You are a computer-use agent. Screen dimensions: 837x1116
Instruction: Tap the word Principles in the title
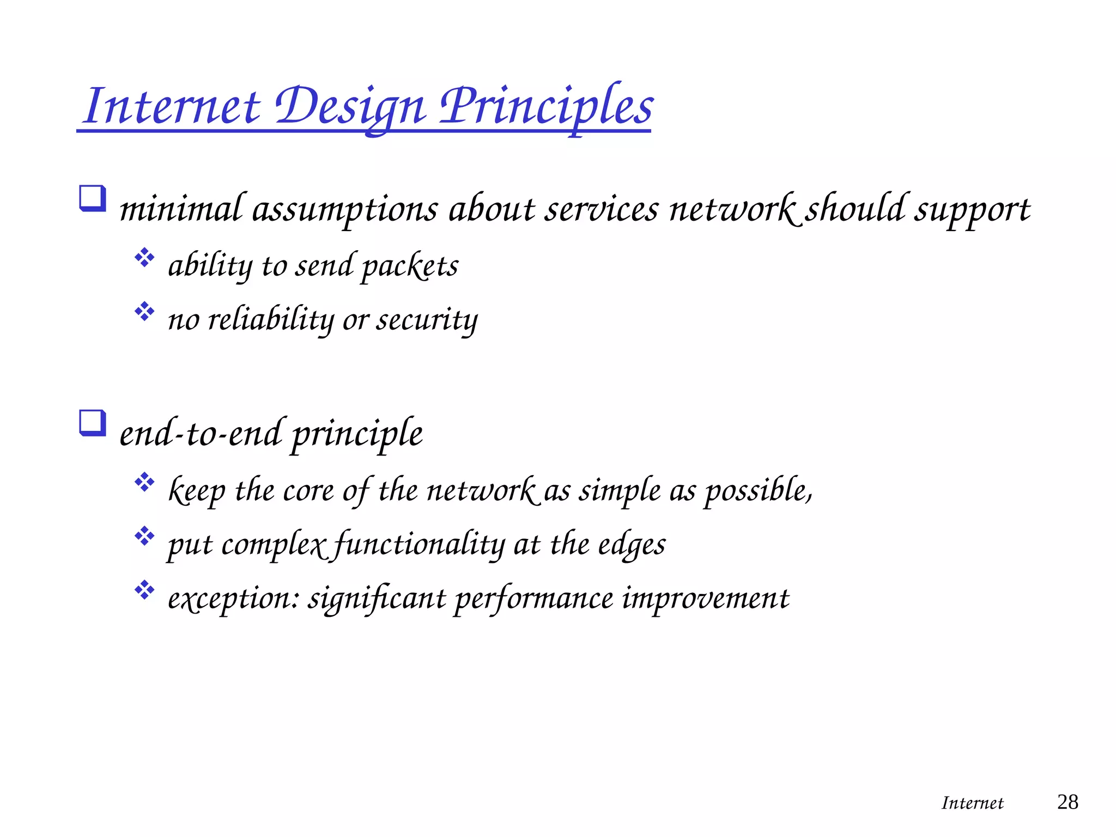[546, 106]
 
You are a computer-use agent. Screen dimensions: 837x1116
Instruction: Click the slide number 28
[1067, 802]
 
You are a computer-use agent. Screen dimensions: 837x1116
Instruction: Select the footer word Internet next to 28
[972, 803]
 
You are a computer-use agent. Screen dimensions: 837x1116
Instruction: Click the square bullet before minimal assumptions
[92, 198]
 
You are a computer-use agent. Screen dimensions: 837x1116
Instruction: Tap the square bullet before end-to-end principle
[92, 423]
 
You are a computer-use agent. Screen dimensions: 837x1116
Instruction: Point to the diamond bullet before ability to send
[144, 258]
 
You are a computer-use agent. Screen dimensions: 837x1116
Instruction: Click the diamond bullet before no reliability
[144, 311]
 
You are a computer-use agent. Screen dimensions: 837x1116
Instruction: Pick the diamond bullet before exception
[144, 590]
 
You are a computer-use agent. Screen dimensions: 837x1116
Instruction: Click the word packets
[410, 266]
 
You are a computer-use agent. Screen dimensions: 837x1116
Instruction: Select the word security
[427, 320]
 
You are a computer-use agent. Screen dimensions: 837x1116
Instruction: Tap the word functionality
[418, 545]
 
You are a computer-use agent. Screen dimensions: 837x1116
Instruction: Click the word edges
[632, 545]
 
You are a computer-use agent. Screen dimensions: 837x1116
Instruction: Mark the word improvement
[705, 599]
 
